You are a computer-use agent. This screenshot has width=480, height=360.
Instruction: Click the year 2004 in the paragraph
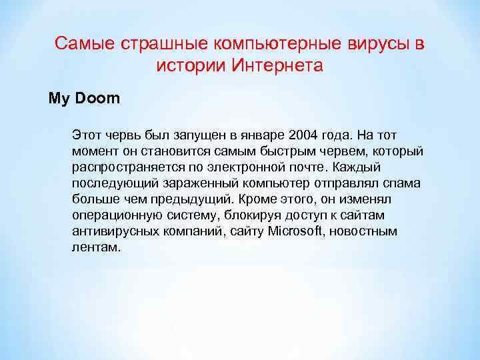(311, 135)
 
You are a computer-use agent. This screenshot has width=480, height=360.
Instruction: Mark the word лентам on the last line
(97, 247)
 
